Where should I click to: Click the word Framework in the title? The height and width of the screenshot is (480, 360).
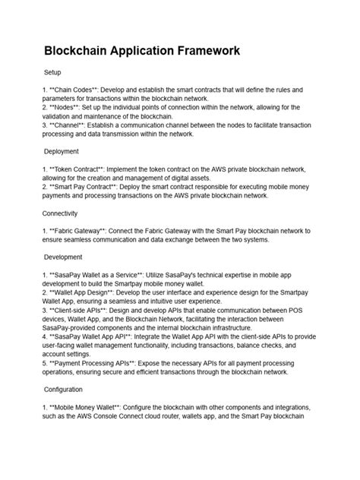(x=194, y=51)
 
